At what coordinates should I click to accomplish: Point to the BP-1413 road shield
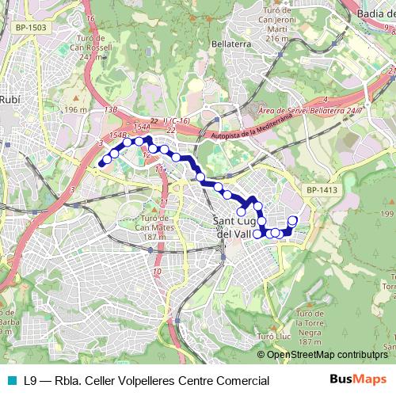322,190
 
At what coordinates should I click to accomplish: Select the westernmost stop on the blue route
101,164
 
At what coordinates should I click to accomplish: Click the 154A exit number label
142,127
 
